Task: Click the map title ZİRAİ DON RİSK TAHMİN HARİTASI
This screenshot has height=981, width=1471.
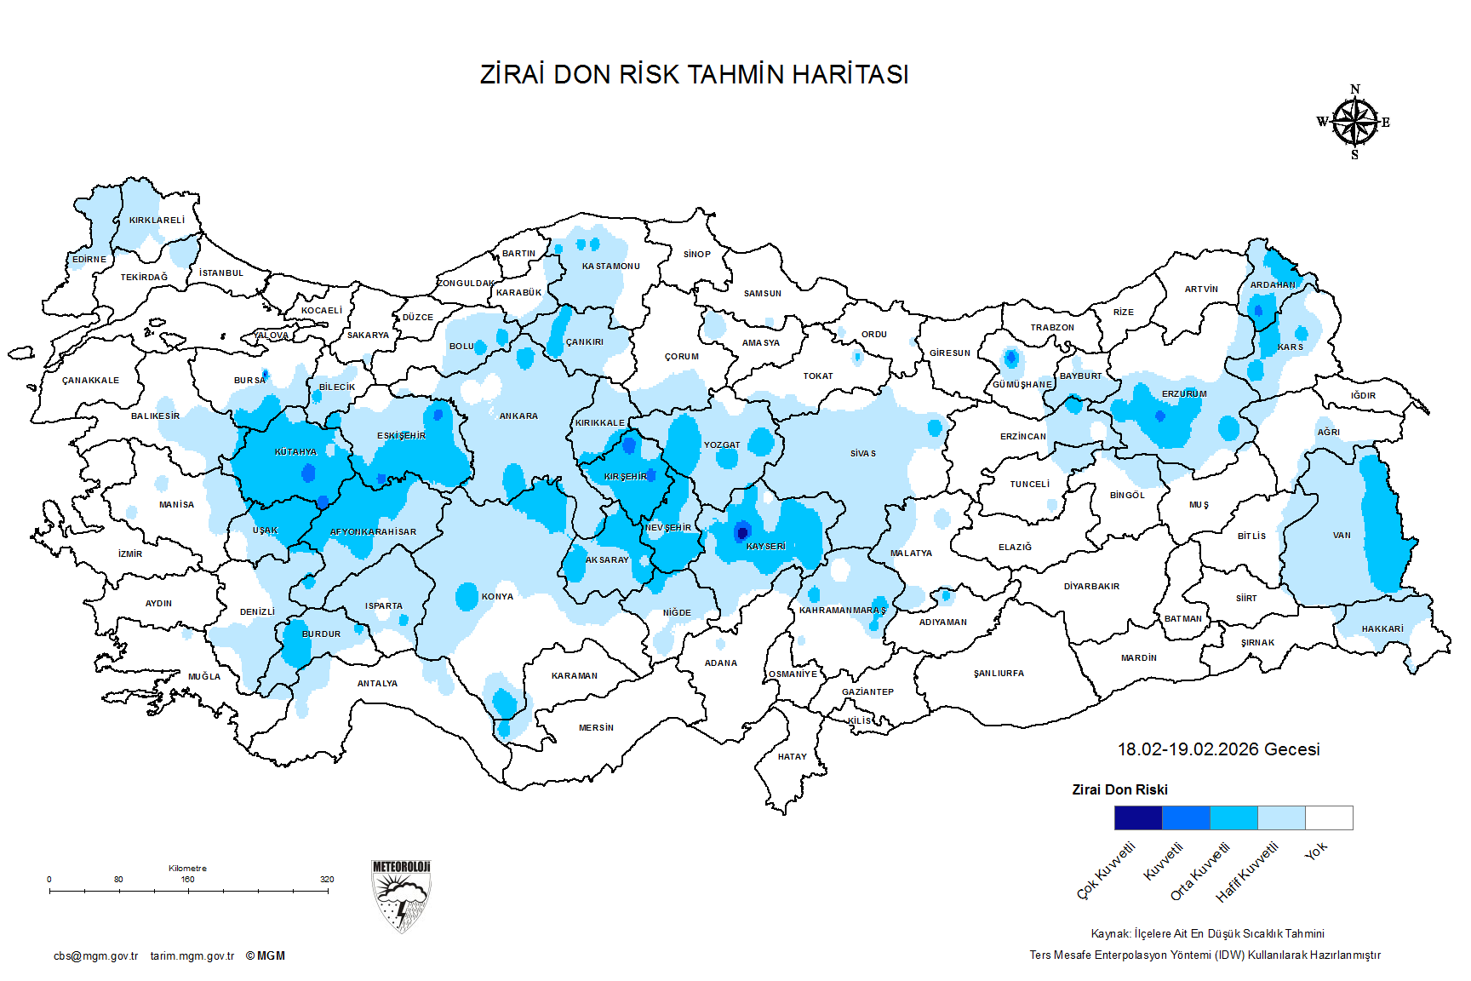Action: pyautogui.click(x=694, y=74)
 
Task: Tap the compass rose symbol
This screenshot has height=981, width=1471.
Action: pyautogui.click(x=1354, y=123)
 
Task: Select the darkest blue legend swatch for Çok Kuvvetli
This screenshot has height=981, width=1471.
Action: pyautogui.click(x=1137, y=817)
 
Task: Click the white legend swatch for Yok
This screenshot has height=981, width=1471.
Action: pyautogui.click(x=1329, y=817)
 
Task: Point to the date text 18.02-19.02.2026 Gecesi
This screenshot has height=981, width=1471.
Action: pyautogui.click(x=1218, y=749)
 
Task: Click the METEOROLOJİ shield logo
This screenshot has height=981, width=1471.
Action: pyautogui.click(x=402, y=895)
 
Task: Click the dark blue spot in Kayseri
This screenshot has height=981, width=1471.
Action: pyautogui.click(x=742, y=532)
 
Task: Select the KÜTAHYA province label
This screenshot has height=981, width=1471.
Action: pyautogui.click(x=295, y=452)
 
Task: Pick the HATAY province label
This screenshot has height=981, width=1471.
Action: pyautogui.click(x=792, y=756)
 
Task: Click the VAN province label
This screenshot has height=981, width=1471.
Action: pyautogui.click(x=1342, y=536)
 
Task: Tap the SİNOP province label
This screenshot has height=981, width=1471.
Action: pyautogui.click(x=696, y=254)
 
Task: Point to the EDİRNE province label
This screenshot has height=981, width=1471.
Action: pyautogui.click(x=89, y=259)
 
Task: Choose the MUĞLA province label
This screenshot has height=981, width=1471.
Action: pyautogui.click(x=204, y=676)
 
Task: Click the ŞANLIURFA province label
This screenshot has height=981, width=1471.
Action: pyautogui.click(x=999, y=674)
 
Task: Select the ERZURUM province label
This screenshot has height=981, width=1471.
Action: pyautogui.click(x=1184, y=394)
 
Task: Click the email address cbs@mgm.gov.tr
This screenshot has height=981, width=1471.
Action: pyautogui.click(x=95, y=955)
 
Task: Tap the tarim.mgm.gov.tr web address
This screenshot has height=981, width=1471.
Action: pyautogui.click(x=192, y=955)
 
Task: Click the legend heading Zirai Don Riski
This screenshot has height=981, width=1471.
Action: pyautogui.click(x=1119, y=789)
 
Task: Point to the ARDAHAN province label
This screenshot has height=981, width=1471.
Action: pyautogui.click(x=1273, y=285)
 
